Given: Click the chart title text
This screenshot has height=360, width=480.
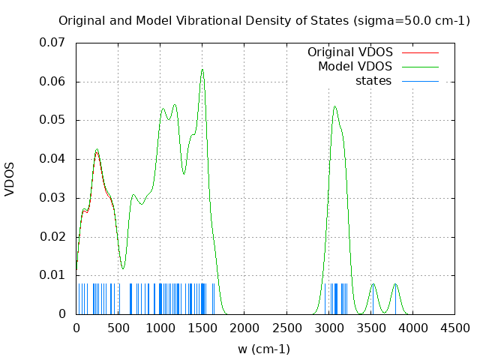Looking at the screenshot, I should tap(264, 20).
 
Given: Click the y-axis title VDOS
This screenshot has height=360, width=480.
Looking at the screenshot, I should tap(10, 179).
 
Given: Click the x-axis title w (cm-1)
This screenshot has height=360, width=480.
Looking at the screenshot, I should tap(264, 349).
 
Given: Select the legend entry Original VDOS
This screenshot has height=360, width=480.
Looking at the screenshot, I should tap(349, 52).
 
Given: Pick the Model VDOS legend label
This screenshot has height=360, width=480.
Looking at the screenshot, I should tap(355, 67).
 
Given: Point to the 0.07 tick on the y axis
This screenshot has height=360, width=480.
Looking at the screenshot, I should tap(54, 43).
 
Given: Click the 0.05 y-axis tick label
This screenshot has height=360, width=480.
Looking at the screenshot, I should tap(54, 120).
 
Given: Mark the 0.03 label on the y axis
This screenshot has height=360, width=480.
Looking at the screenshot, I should tap(54, 198).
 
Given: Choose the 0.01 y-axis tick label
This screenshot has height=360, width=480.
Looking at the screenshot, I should tap(54, 275).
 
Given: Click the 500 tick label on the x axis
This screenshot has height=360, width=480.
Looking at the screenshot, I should tap(118, 328).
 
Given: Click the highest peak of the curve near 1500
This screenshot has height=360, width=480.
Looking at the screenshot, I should tap(202, 70).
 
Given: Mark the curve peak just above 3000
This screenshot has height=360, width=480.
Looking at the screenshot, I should tap(335, 106).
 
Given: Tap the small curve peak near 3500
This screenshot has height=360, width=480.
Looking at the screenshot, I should tap(373, 284).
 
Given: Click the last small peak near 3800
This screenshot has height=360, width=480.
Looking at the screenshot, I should tap(395, 284).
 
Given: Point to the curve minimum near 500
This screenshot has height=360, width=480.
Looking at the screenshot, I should tap(123, 268).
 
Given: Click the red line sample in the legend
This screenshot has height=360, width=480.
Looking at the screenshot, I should tap(420, 52).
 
